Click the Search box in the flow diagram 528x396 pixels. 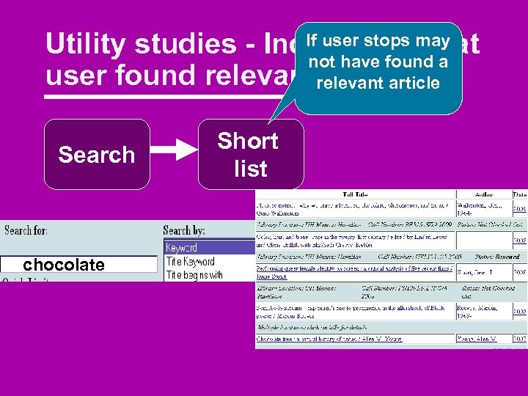(97, 155)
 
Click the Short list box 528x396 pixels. (250, 155)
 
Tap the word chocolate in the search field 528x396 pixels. (64, 265)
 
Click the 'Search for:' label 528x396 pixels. (26, 230)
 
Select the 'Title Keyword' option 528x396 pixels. (190, 262)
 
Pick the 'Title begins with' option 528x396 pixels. (194, 275)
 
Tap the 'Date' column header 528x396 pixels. (519, 196)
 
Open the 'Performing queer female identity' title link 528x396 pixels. (352, 270)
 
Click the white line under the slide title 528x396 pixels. (169, 96)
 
